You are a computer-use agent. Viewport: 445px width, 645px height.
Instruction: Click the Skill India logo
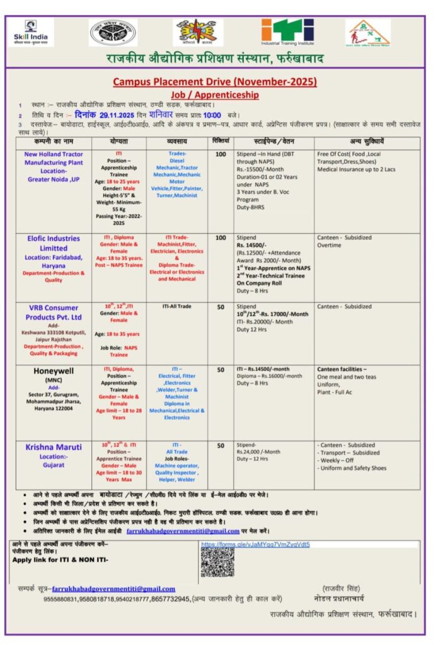30,32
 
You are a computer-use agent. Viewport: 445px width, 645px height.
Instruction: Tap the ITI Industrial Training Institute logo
287,32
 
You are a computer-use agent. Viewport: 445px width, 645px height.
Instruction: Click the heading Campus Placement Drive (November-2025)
215,82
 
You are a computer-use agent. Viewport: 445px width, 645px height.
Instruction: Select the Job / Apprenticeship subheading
214,94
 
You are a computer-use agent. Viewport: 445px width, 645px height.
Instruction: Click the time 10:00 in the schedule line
212,115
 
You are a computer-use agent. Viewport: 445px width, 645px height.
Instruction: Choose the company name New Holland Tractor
54,154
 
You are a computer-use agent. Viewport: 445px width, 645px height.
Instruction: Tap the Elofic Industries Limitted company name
54,243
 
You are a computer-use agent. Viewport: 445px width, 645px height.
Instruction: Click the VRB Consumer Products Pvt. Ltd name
54,312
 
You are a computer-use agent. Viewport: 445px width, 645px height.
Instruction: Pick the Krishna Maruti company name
54,447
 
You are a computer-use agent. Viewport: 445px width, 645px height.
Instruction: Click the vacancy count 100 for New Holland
221,154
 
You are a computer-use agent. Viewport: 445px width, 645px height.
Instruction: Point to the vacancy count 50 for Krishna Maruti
221,445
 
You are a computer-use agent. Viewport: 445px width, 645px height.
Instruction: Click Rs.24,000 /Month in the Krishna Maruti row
258,452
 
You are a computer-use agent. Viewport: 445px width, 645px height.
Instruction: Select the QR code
217,562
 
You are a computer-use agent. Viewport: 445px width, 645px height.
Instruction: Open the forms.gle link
255,544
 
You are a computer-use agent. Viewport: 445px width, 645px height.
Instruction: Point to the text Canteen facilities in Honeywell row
341,369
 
